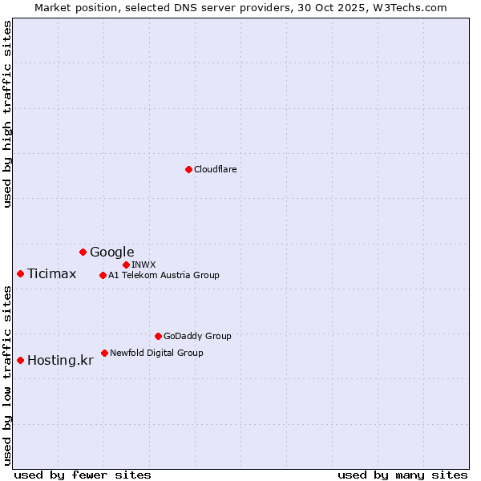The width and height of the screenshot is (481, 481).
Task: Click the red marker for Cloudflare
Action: (x=188, y=169)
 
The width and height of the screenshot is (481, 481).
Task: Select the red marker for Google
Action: (x=83, y=252)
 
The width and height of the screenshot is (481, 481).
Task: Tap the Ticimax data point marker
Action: (x=20, y=273)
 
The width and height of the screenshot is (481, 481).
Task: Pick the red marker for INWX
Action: (x=126, y=265)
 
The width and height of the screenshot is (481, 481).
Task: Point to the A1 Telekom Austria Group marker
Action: (x=103, y=275)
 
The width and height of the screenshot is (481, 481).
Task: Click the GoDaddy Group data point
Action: (x=158, y=336)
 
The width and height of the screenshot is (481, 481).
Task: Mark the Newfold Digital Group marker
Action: (x=104, y=353)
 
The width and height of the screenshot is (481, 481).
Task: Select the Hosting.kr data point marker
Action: (x=20, y=360)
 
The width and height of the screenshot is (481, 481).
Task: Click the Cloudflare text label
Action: (x=215, y=169)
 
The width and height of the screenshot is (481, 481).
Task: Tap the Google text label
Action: (x=111, y=252)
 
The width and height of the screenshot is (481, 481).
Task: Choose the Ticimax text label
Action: (x=51, y=273)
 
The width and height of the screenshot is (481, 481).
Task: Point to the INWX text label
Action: (x=143, y=265)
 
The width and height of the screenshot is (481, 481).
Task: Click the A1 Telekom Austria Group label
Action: (x=164, y=275)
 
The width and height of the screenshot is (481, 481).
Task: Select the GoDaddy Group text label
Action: (x=197, y=336)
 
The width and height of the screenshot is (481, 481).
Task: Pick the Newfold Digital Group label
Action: (x=156, y=353)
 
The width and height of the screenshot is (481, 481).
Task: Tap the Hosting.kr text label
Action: (x=60, y=360)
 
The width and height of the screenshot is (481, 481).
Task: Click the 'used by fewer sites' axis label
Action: (x=83, y=475)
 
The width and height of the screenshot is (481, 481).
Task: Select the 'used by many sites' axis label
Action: (x=402, y=475)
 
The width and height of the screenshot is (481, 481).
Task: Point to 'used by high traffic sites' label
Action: (x=7, y=114)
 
